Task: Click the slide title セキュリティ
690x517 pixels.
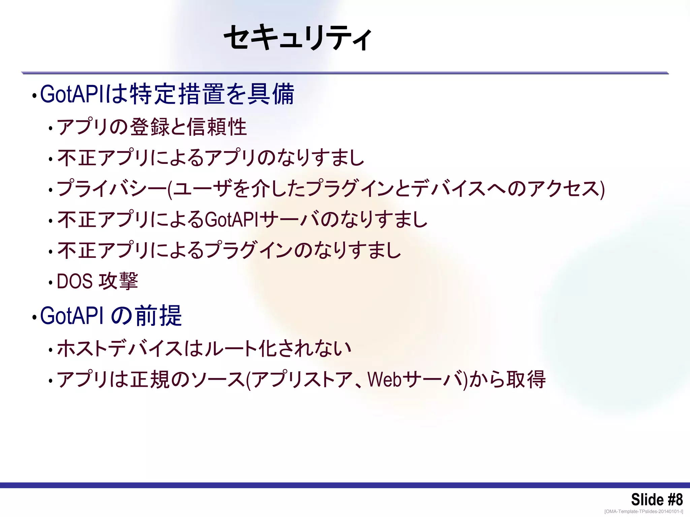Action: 298,38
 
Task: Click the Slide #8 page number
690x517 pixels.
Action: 657,499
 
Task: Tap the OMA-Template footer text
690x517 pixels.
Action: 644,512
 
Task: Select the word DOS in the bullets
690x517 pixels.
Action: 74,281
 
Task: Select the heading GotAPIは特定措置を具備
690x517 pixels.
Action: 167,94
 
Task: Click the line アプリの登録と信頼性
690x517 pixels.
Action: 152,127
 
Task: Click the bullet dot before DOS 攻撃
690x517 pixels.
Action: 51,283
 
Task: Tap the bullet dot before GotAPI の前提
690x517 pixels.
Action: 34,317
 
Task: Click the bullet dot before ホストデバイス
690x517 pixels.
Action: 51,350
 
